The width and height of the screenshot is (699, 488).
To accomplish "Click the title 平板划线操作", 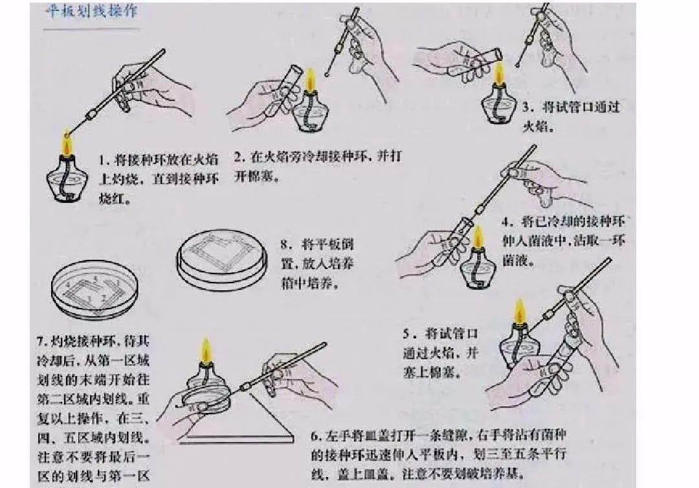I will [x=91, y=12].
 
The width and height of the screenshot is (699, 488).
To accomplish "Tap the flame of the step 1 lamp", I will [x=66, y=141].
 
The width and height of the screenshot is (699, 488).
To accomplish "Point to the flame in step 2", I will [x=310, y=82].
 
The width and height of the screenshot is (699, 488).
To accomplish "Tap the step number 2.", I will [x=238, y=156].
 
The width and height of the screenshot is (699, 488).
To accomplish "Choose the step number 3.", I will [x=527, y=106].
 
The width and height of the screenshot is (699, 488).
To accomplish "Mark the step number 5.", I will [x=406, y=334].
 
